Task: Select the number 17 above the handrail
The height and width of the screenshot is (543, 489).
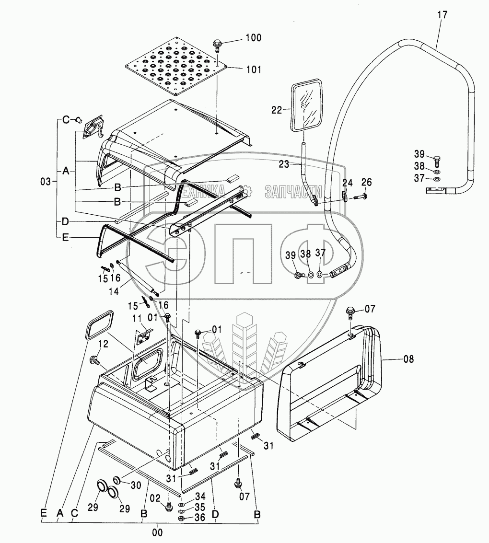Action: click(x=442, y=15)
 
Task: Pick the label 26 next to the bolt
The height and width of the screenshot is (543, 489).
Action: click(x=366, y=183)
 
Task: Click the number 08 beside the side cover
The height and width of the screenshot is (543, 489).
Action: click(x=408, y=358)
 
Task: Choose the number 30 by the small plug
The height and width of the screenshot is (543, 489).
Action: click(x=136, y=485)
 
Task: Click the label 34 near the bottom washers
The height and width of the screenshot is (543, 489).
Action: click(x=199, y=496)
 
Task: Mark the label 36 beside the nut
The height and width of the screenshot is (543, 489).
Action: click(x=199, y=518)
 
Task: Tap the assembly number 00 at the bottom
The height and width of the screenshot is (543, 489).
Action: click(x=158, y=531)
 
